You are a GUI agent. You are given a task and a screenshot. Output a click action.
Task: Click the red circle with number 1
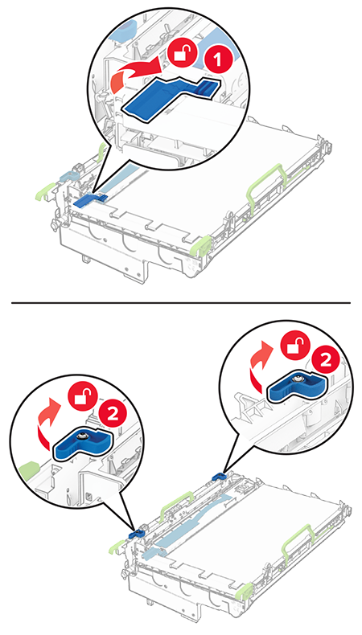point(217,60)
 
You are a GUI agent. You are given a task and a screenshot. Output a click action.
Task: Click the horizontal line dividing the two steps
point(181,302)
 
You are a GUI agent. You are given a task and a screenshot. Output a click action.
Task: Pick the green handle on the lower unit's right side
point(298,539)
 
